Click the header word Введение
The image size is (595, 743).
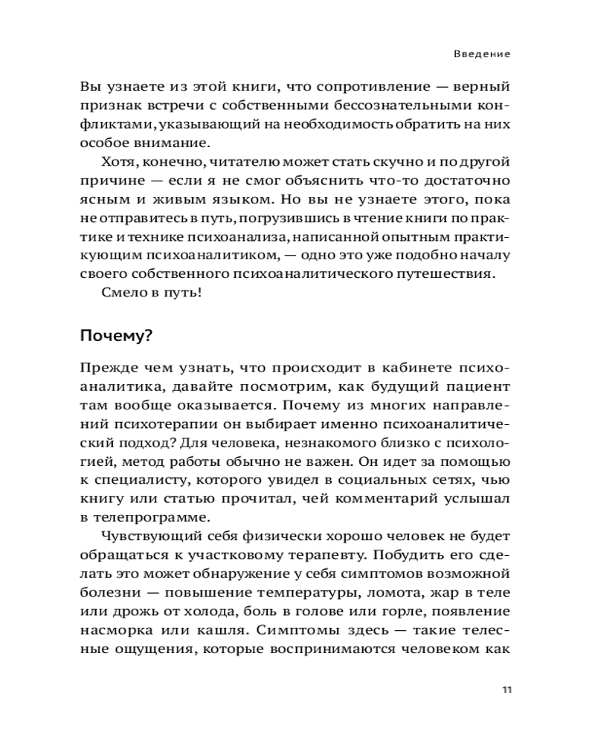coord(483,54)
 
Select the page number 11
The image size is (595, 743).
coord(507,690)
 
